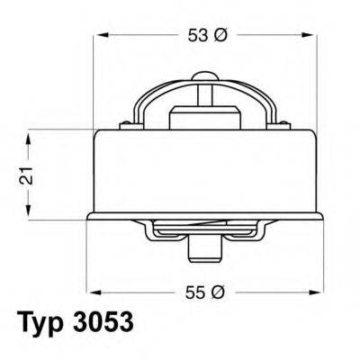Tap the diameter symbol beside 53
(x=221, y=36)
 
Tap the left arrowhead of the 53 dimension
(x=101, y=36)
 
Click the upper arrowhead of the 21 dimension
(x=31, y=136)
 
